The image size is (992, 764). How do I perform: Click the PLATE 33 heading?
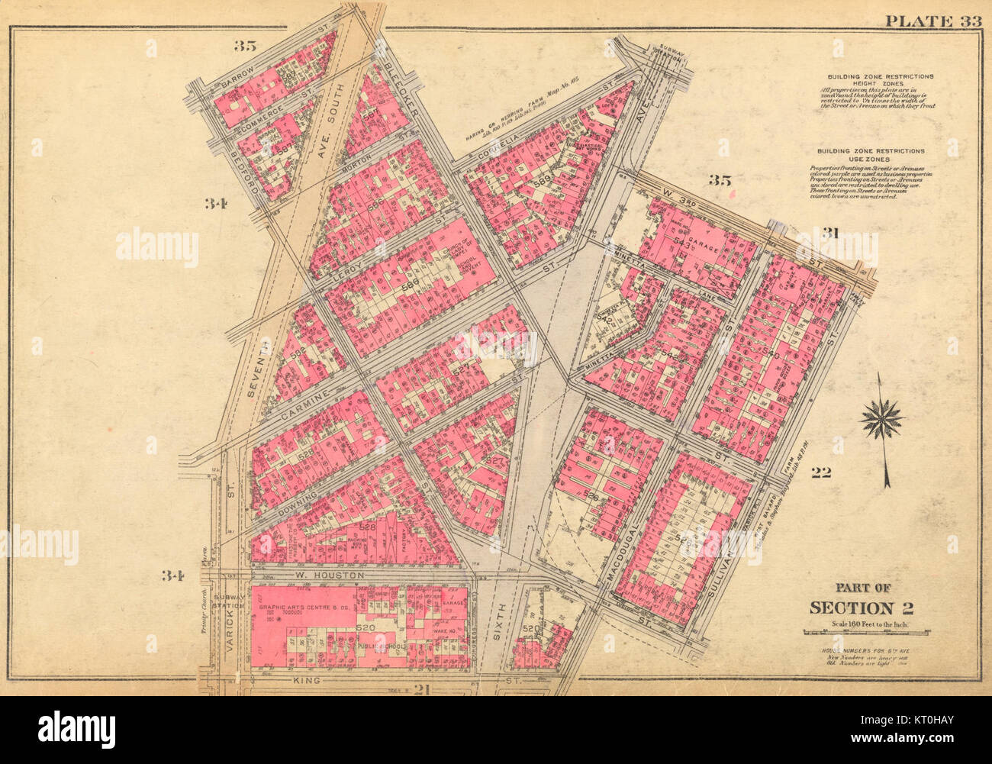coord(932,21)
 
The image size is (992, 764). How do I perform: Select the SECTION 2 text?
coord(862,608)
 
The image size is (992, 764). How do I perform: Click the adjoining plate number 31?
coord(831,234)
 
